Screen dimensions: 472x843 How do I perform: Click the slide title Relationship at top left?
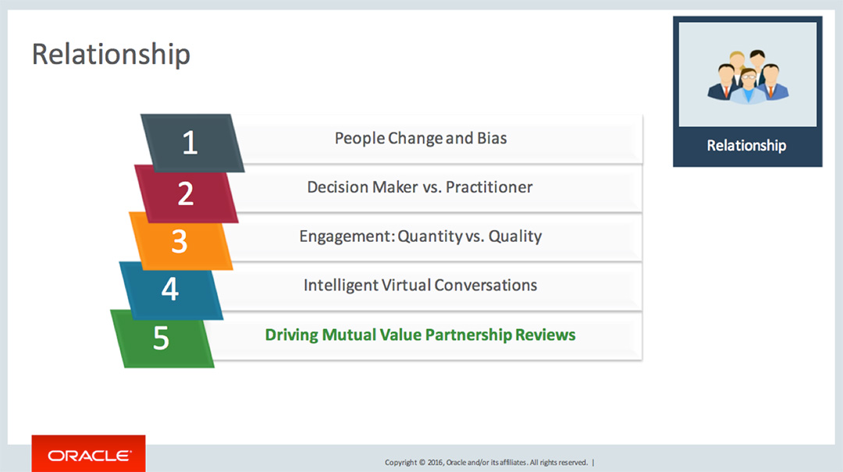tap(111, 55)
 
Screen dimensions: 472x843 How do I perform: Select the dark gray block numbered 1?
tap(191, 143)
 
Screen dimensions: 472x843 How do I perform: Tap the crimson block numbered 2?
tap(186, 193)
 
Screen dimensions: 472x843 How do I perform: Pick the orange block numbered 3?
tap(180, 241)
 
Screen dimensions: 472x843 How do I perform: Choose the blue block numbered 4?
tap(170, 289)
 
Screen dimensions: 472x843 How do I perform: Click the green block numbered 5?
tap(162, 338)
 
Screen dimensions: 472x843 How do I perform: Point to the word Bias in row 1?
tap(493, 138)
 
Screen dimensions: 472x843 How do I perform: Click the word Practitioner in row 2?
tap(489, 187)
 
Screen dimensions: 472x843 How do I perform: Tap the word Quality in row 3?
tap(515, 236)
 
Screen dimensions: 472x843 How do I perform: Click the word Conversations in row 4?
tap(486, 285)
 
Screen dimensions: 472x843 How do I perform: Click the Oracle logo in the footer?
tap(88, 455)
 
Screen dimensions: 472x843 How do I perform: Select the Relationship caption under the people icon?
tap(746, 146)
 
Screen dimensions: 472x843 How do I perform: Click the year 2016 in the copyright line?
tap(436, 463)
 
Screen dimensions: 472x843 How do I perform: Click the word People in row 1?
tap(360, 138)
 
